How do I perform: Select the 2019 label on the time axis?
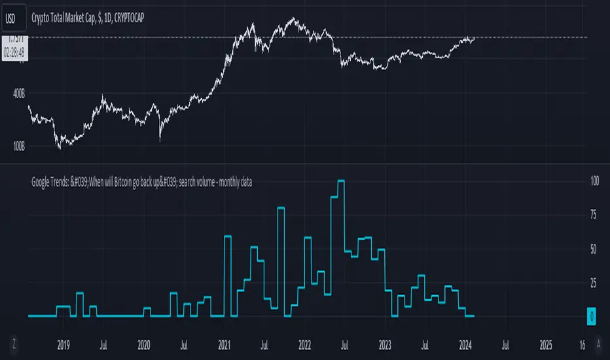63,344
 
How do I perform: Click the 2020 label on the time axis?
144,344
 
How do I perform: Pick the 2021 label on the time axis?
224,344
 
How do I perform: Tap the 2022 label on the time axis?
305,344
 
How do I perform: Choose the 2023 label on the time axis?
385,344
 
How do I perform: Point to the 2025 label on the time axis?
546,344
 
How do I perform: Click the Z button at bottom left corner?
14,343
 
